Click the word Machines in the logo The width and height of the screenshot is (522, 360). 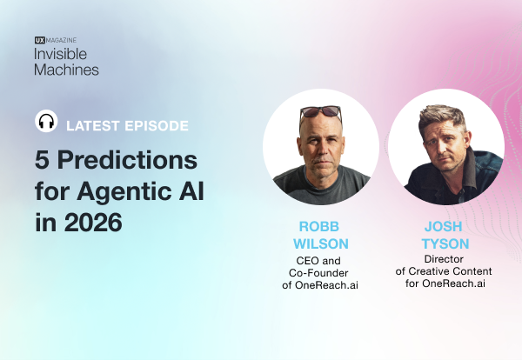(67, 69)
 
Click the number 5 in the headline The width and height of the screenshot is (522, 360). (44, 161)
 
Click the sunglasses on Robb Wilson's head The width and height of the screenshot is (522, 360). (319, 111)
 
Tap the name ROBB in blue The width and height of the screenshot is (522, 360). (320, 226)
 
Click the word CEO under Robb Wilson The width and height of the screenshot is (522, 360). (301, 258)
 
